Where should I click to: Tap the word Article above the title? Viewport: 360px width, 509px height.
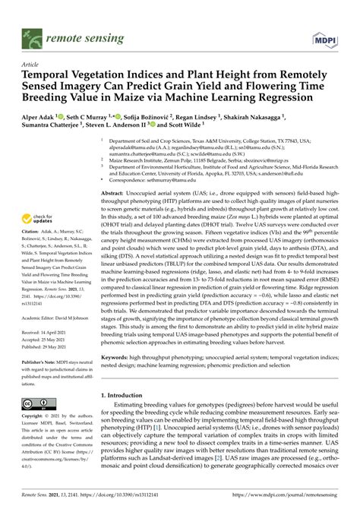pos(31,66)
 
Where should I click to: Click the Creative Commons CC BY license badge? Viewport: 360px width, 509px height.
pos(37,403)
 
